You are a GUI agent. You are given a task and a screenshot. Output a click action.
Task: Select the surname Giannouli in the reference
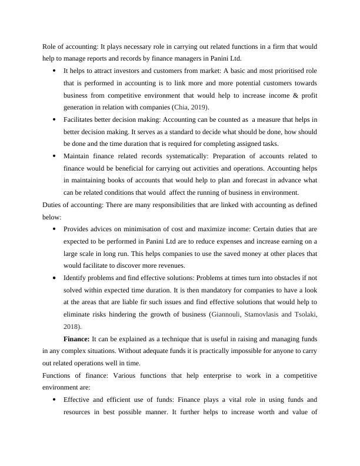[229, 314]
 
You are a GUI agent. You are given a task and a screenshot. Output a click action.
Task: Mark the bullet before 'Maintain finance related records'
[54, 157]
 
